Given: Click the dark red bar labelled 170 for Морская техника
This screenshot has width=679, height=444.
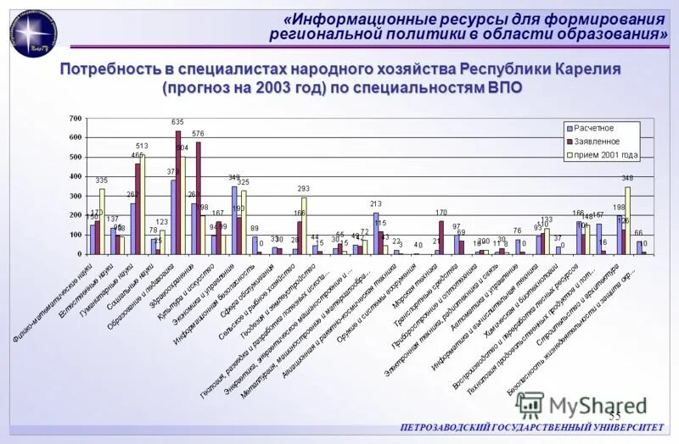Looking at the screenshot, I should tap(441, 238).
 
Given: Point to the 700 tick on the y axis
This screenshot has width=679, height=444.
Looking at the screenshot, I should tap(76, 119).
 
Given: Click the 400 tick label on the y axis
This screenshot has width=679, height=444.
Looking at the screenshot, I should tap(76, 176).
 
